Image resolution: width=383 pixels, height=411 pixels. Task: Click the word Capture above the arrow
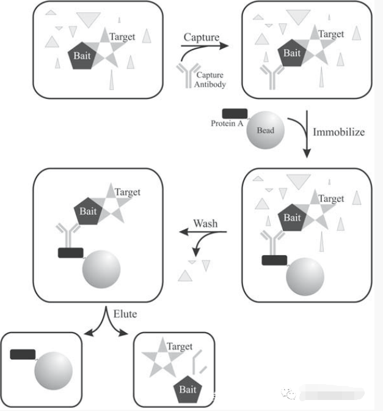pos(202,37)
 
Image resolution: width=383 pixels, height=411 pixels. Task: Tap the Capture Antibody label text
pos(210,80)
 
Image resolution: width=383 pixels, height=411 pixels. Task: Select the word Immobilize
pos(339,132)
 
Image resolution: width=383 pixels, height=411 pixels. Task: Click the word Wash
pos(205,224)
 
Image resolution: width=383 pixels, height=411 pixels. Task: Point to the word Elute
pos(125,314)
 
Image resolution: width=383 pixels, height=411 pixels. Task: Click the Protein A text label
pos(227,124)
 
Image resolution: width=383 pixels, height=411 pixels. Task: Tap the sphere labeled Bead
pos(266,130)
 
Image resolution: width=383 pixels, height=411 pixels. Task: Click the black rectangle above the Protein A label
pos(235,114)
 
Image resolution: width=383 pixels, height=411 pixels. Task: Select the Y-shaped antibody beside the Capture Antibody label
pos(188,75)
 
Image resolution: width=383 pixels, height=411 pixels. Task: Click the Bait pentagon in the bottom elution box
pos(188,390)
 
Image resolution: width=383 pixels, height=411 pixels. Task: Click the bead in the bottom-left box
pos(53,371)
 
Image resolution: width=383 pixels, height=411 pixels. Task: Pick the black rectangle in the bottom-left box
pos(23,354)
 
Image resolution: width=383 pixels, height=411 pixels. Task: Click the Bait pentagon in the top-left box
pos(82,56)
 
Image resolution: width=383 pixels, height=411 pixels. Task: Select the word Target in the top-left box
pos(122,37)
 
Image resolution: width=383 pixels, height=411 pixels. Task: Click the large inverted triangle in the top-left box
pos(89,20)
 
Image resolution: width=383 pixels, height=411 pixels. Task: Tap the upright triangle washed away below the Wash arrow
pos(185,276)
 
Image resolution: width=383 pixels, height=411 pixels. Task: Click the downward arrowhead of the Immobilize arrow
pos(307,153)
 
